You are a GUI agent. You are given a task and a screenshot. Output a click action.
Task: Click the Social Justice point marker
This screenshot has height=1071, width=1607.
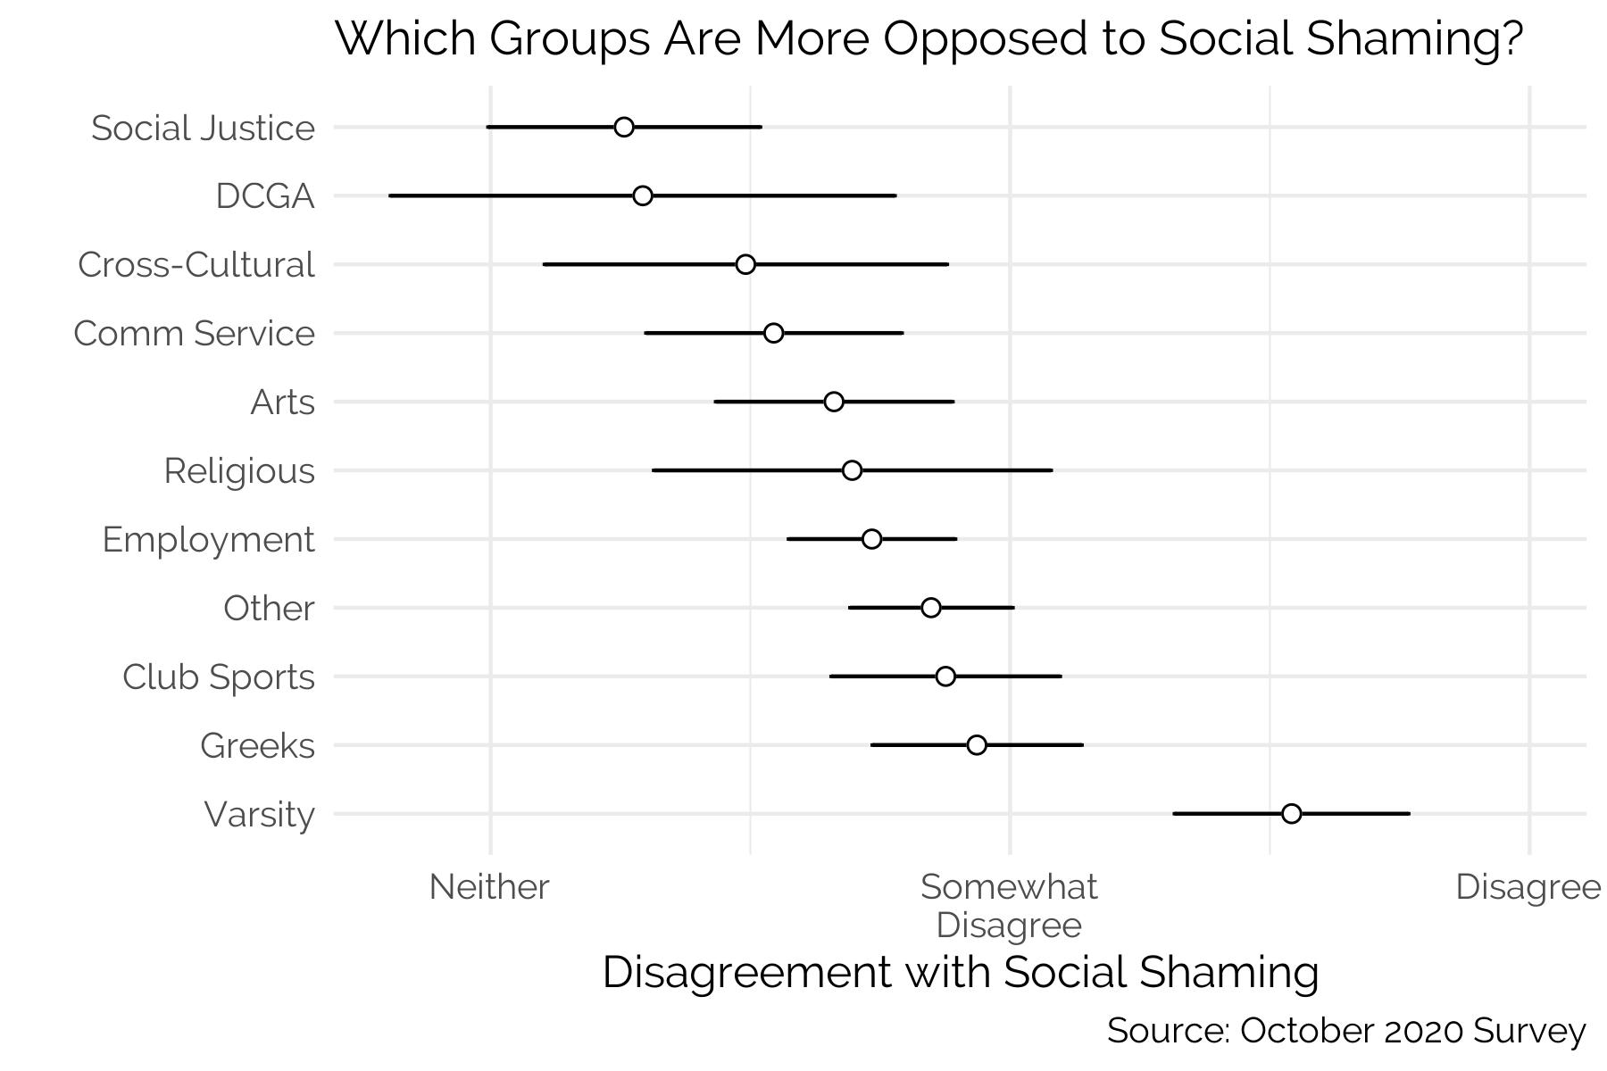tap(624, 127)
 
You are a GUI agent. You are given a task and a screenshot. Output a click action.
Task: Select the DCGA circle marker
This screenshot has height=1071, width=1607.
tap(643, 195)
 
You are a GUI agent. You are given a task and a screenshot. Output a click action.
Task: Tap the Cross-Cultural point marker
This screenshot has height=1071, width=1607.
tap(746, 264)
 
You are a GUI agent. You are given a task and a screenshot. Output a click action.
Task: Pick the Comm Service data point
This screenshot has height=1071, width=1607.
tap(774, 333)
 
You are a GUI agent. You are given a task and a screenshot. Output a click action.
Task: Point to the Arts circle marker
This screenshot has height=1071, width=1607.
tap(834, 402)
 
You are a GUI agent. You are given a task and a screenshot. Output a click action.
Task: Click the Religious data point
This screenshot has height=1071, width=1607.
tap(853, 470)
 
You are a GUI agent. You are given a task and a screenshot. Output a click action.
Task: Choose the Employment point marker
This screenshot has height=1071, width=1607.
tap(872, 539)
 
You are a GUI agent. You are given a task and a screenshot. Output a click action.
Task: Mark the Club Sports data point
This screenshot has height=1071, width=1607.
tap(945, 677)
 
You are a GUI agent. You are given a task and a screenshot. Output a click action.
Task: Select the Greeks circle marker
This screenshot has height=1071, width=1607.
tap(977, 745)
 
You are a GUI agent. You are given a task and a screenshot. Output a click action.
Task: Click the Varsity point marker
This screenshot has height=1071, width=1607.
tap(1291, 814)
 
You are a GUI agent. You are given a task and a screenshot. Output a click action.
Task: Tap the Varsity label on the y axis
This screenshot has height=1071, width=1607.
tap(259, 815)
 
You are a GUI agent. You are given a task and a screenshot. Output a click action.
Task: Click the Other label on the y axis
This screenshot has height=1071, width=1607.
tap(269, 609)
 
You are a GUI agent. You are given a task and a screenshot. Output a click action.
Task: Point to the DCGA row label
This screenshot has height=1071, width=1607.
tap(265, 196)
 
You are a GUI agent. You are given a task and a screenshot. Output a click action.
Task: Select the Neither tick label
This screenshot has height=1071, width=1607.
tap(489, 887)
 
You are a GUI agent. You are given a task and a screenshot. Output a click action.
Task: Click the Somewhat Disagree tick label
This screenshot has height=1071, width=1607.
tap(1009, 906)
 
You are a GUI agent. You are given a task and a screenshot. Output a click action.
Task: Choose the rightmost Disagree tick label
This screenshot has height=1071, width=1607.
tap(1528, 887)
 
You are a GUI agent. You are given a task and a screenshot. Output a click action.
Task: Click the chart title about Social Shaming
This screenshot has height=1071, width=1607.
tap(928, 40)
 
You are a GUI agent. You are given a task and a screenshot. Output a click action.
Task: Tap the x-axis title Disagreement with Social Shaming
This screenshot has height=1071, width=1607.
tap(961, 972)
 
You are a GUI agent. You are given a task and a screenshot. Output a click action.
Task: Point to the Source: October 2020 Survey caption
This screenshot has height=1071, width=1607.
tap(1346, 1031)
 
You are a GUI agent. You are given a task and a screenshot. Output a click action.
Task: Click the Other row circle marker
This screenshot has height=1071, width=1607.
tap(931, 608)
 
